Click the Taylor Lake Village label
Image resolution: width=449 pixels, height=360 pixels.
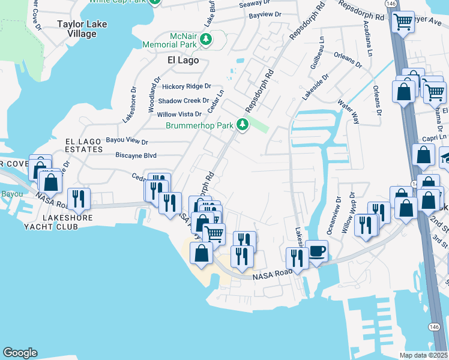tap(76, 29)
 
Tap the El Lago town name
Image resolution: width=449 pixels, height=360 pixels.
tap(182, 61)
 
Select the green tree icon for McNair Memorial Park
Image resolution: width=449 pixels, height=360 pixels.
tap(206, 40)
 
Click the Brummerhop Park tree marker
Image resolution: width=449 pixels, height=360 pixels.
tap(243, 125)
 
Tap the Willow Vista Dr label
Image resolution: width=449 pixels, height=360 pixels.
tap(179, 114)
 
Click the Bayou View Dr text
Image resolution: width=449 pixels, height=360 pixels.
tap(127, 142)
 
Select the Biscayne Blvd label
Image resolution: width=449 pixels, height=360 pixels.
tap(136, 155)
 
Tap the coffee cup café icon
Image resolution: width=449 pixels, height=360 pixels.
tap(316, 251)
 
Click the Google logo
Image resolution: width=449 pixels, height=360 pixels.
tap(20, 353)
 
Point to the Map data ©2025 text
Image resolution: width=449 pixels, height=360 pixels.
tap(424, 355)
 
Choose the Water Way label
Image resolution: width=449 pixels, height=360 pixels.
tap(348, 113)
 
